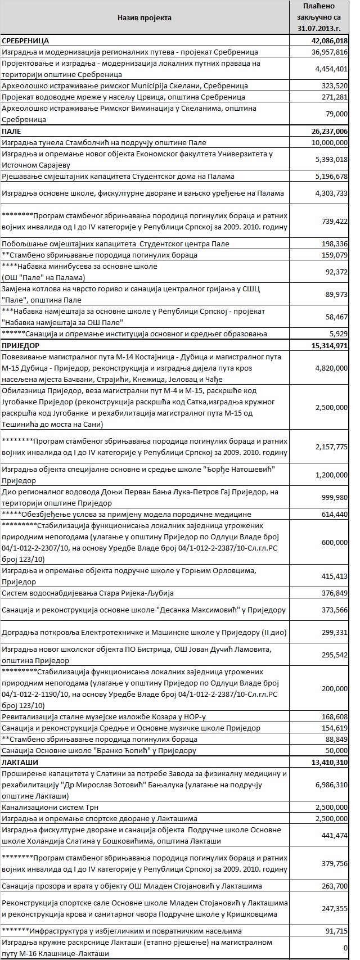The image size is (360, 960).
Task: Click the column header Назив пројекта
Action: tap(144, 18)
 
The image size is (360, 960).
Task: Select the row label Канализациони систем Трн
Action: tap(49, 807)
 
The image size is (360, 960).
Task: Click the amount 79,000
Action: tap(336, 114)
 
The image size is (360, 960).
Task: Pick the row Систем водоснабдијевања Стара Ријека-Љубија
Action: tap(88, 593)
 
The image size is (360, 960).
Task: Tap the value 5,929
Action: tap(339, 333)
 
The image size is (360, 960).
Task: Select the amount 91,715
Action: tap(336, 931)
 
